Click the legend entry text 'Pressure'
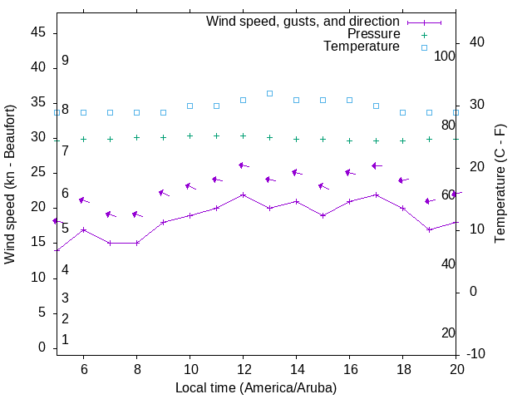373,34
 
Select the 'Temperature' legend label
362,47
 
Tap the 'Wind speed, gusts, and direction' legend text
303,22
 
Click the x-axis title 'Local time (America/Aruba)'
256,387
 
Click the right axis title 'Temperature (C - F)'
500,185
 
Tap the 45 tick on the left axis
37,32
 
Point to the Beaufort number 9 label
65,61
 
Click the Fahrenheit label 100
445,56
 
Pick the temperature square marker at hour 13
269,93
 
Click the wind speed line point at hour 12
243,195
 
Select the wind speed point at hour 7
110,243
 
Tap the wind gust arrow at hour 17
377,166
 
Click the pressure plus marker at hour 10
190,135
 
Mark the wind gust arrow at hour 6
83,200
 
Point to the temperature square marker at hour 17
376,106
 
